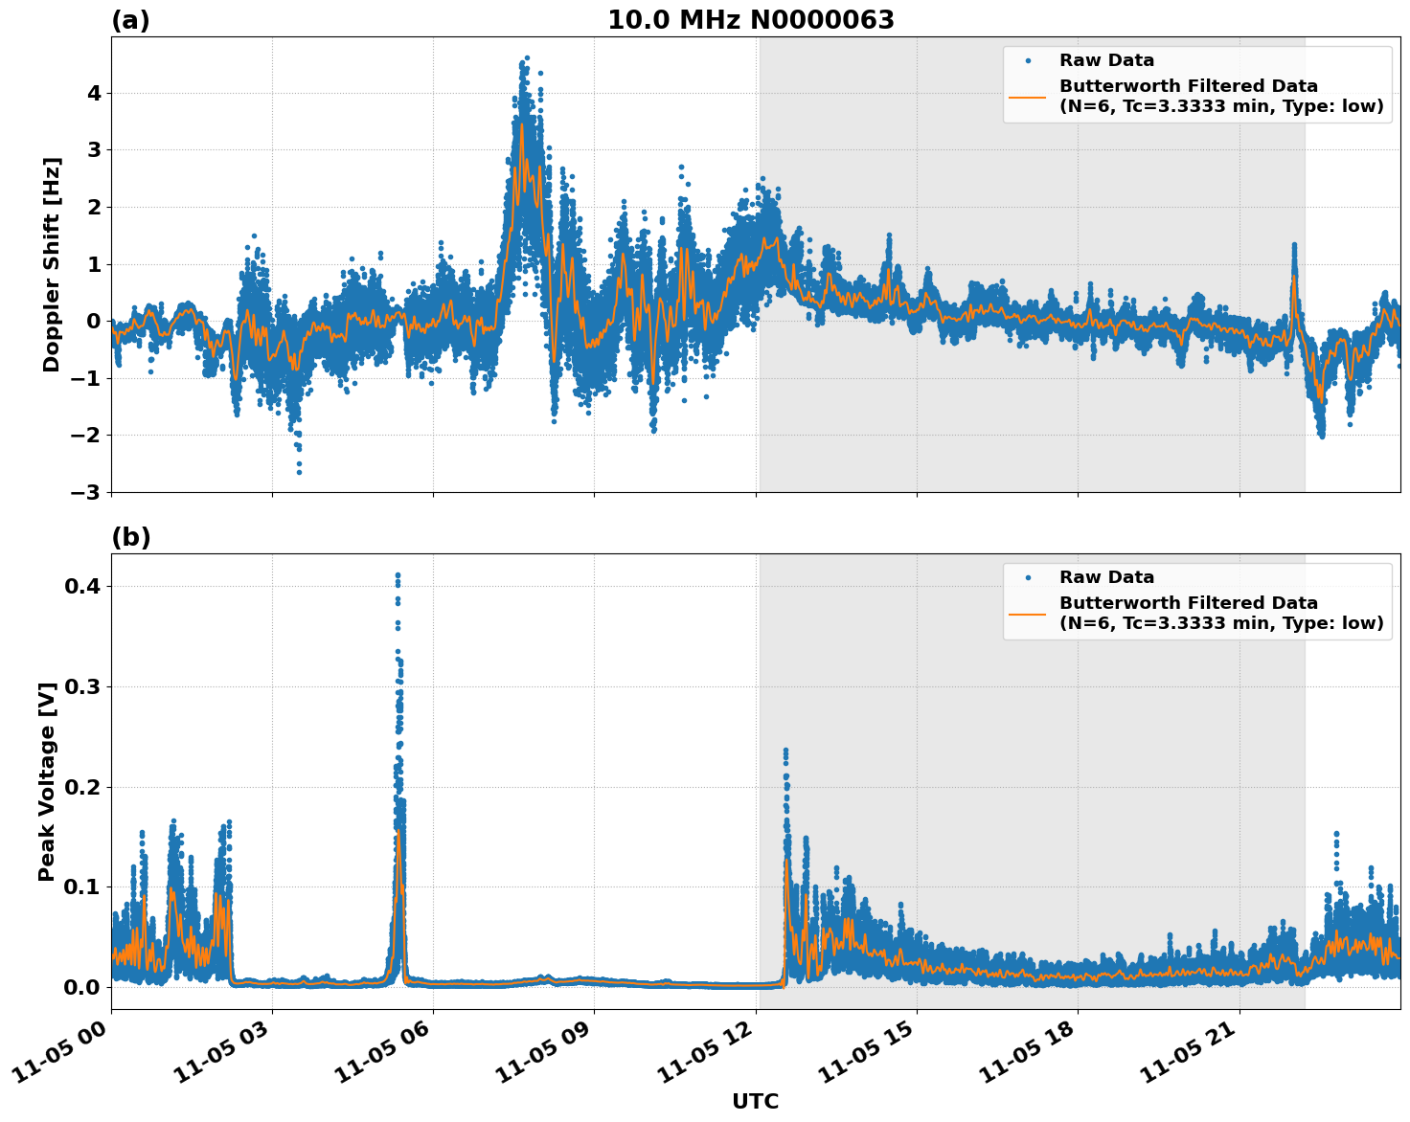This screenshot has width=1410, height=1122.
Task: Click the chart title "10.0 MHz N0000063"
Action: (x=750, y=20)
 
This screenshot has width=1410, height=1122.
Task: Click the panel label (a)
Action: (x=130, y=20)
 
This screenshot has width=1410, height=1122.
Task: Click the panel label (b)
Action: (x=130, y=537)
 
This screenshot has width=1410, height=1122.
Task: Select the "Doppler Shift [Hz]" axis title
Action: (x=52, y=264)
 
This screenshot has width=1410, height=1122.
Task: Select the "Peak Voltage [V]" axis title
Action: (x=47, y=781)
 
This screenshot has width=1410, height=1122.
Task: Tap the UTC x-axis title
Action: (x=755, y=1101)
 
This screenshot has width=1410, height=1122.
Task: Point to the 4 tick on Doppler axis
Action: (x=94, y=94)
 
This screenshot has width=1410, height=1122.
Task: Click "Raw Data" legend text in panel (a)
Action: (x=1106, y=60)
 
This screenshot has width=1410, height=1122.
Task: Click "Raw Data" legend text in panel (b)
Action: (x=1106, y=577)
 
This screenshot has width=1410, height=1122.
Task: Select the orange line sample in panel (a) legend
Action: (x=1027, y=96)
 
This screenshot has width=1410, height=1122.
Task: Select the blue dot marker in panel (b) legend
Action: (x=1027, y=577)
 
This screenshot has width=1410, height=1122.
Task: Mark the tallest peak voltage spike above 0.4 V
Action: (x=398, y=575)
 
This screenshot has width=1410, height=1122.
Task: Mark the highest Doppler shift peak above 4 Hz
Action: (x=526, y=58)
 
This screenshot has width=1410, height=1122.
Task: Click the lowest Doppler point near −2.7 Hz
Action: (x=299, y=472)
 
